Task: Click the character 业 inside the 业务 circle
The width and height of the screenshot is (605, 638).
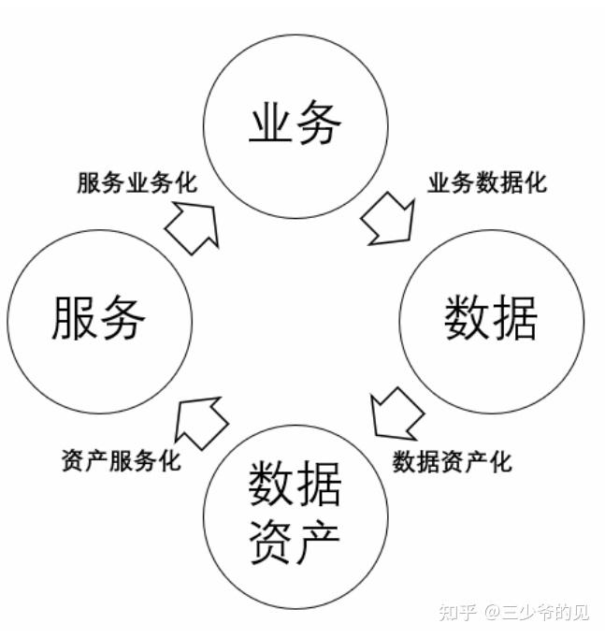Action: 271,124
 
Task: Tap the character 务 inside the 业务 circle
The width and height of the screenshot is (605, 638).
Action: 319,124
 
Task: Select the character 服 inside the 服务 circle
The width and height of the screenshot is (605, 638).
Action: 75,317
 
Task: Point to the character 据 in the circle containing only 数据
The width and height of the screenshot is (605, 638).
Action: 515,319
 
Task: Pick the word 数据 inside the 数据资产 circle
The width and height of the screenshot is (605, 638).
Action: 295,484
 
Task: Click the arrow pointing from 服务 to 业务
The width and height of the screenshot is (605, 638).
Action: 192,225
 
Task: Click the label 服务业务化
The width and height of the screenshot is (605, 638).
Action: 137,182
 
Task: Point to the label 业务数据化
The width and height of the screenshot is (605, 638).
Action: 487,182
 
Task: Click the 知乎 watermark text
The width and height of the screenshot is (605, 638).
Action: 456,613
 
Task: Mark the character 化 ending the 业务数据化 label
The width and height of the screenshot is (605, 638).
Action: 536,182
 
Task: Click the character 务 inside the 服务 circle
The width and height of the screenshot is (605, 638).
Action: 122,317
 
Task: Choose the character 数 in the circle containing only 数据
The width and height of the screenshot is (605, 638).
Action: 467,319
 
